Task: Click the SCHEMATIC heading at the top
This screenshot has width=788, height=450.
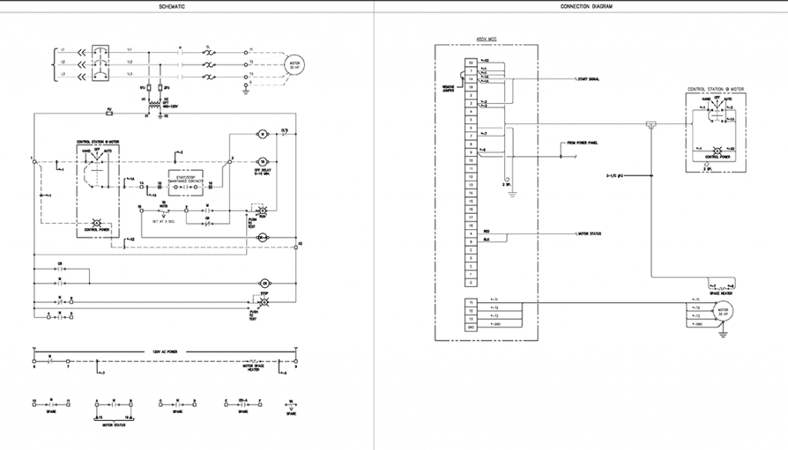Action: pos(172,6)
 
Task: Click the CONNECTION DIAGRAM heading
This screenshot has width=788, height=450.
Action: pos(581,6)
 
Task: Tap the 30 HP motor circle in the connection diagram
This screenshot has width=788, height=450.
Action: pos(723,312)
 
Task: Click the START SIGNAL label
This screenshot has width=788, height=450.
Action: pos(590,79)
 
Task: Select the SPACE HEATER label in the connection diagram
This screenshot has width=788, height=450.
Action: pos(720,293)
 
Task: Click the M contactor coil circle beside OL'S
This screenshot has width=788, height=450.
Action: pos(262,134)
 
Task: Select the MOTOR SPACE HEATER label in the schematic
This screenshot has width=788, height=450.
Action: pos(255,366)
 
